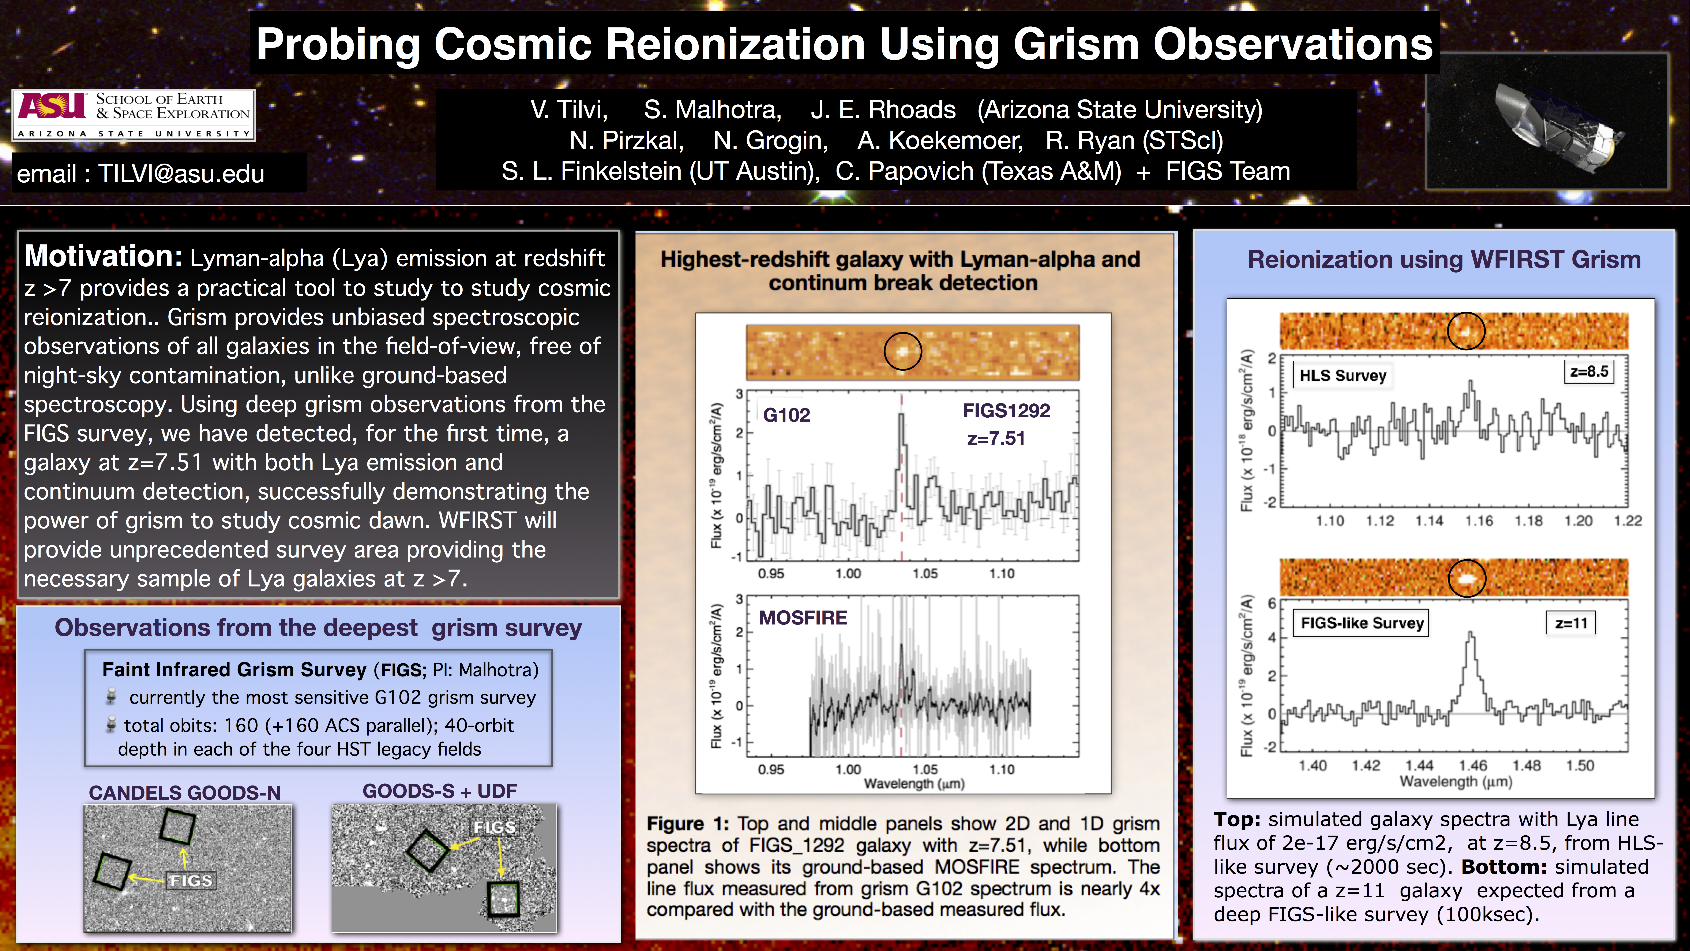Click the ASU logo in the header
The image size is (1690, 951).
pyautogui.click(x=52, y=106)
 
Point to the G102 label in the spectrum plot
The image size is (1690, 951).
pyautogui.click(x=787, y=415)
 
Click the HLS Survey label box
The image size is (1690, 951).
pyautogui.click(x=1342, y=375)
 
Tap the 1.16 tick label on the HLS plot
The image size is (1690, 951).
pyautogui.click(x=1479, y=521)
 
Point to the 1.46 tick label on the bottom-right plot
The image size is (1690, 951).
pyautogui.click(x=1472, y=765)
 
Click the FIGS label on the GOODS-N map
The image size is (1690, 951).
pyautogui.click(x=190, y=880)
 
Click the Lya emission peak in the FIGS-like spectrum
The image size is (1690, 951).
pyautogui.click(x=1471, y=634)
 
